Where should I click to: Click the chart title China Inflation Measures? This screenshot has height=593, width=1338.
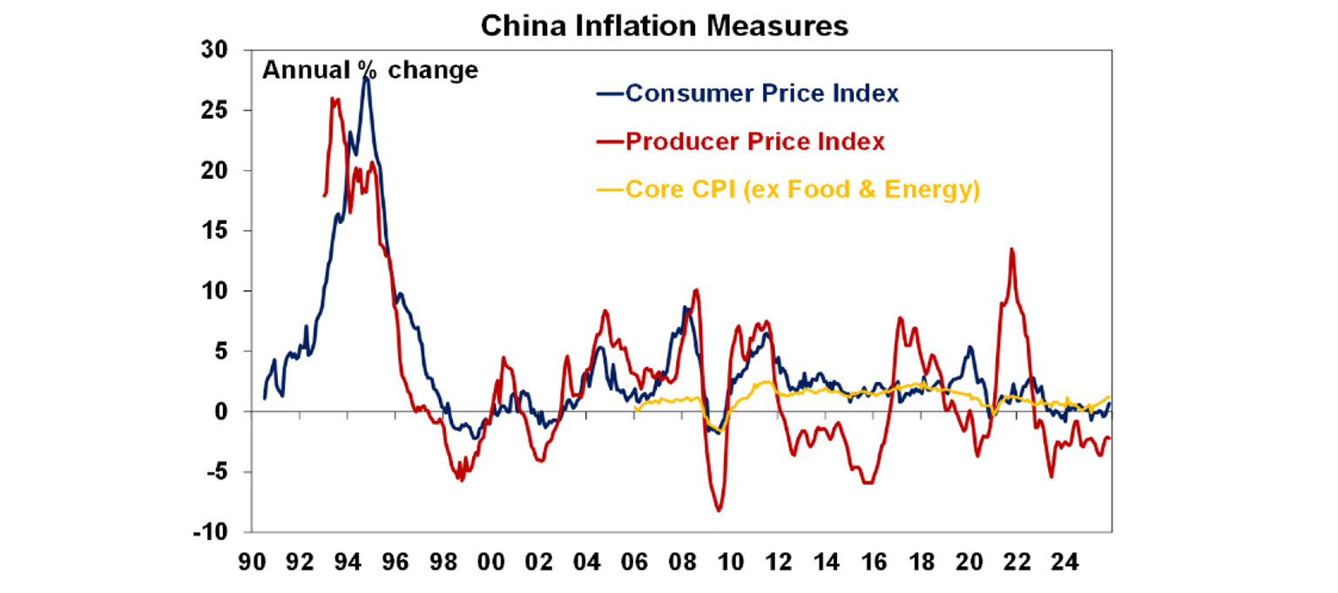click(664, 25)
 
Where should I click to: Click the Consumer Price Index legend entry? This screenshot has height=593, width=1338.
click(761, 93)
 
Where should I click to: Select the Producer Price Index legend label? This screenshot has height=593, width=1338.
click(754, 141)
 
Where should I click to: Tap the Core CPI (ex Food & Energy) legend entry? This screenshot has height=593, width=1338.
click(801, 189)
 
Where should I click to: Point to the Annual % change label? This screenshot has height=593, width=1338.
click(370, 70)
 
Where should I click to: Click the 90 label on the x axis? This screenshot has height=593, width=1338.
click(253, 562)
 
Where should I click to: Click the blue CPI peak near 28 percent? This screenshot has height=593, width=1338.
click(367, 78)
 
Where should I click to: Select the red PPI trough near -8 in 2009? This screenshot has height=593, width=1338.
click(719, 511)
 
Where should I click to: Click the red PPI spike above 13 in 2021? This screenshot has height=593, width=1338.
click(1011, 249)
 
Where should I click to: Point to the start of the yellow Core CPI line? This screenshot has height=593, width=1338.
click(635, 410)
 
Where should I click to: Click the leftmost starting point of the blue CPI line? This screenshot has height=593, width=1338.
click(265, 399)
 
